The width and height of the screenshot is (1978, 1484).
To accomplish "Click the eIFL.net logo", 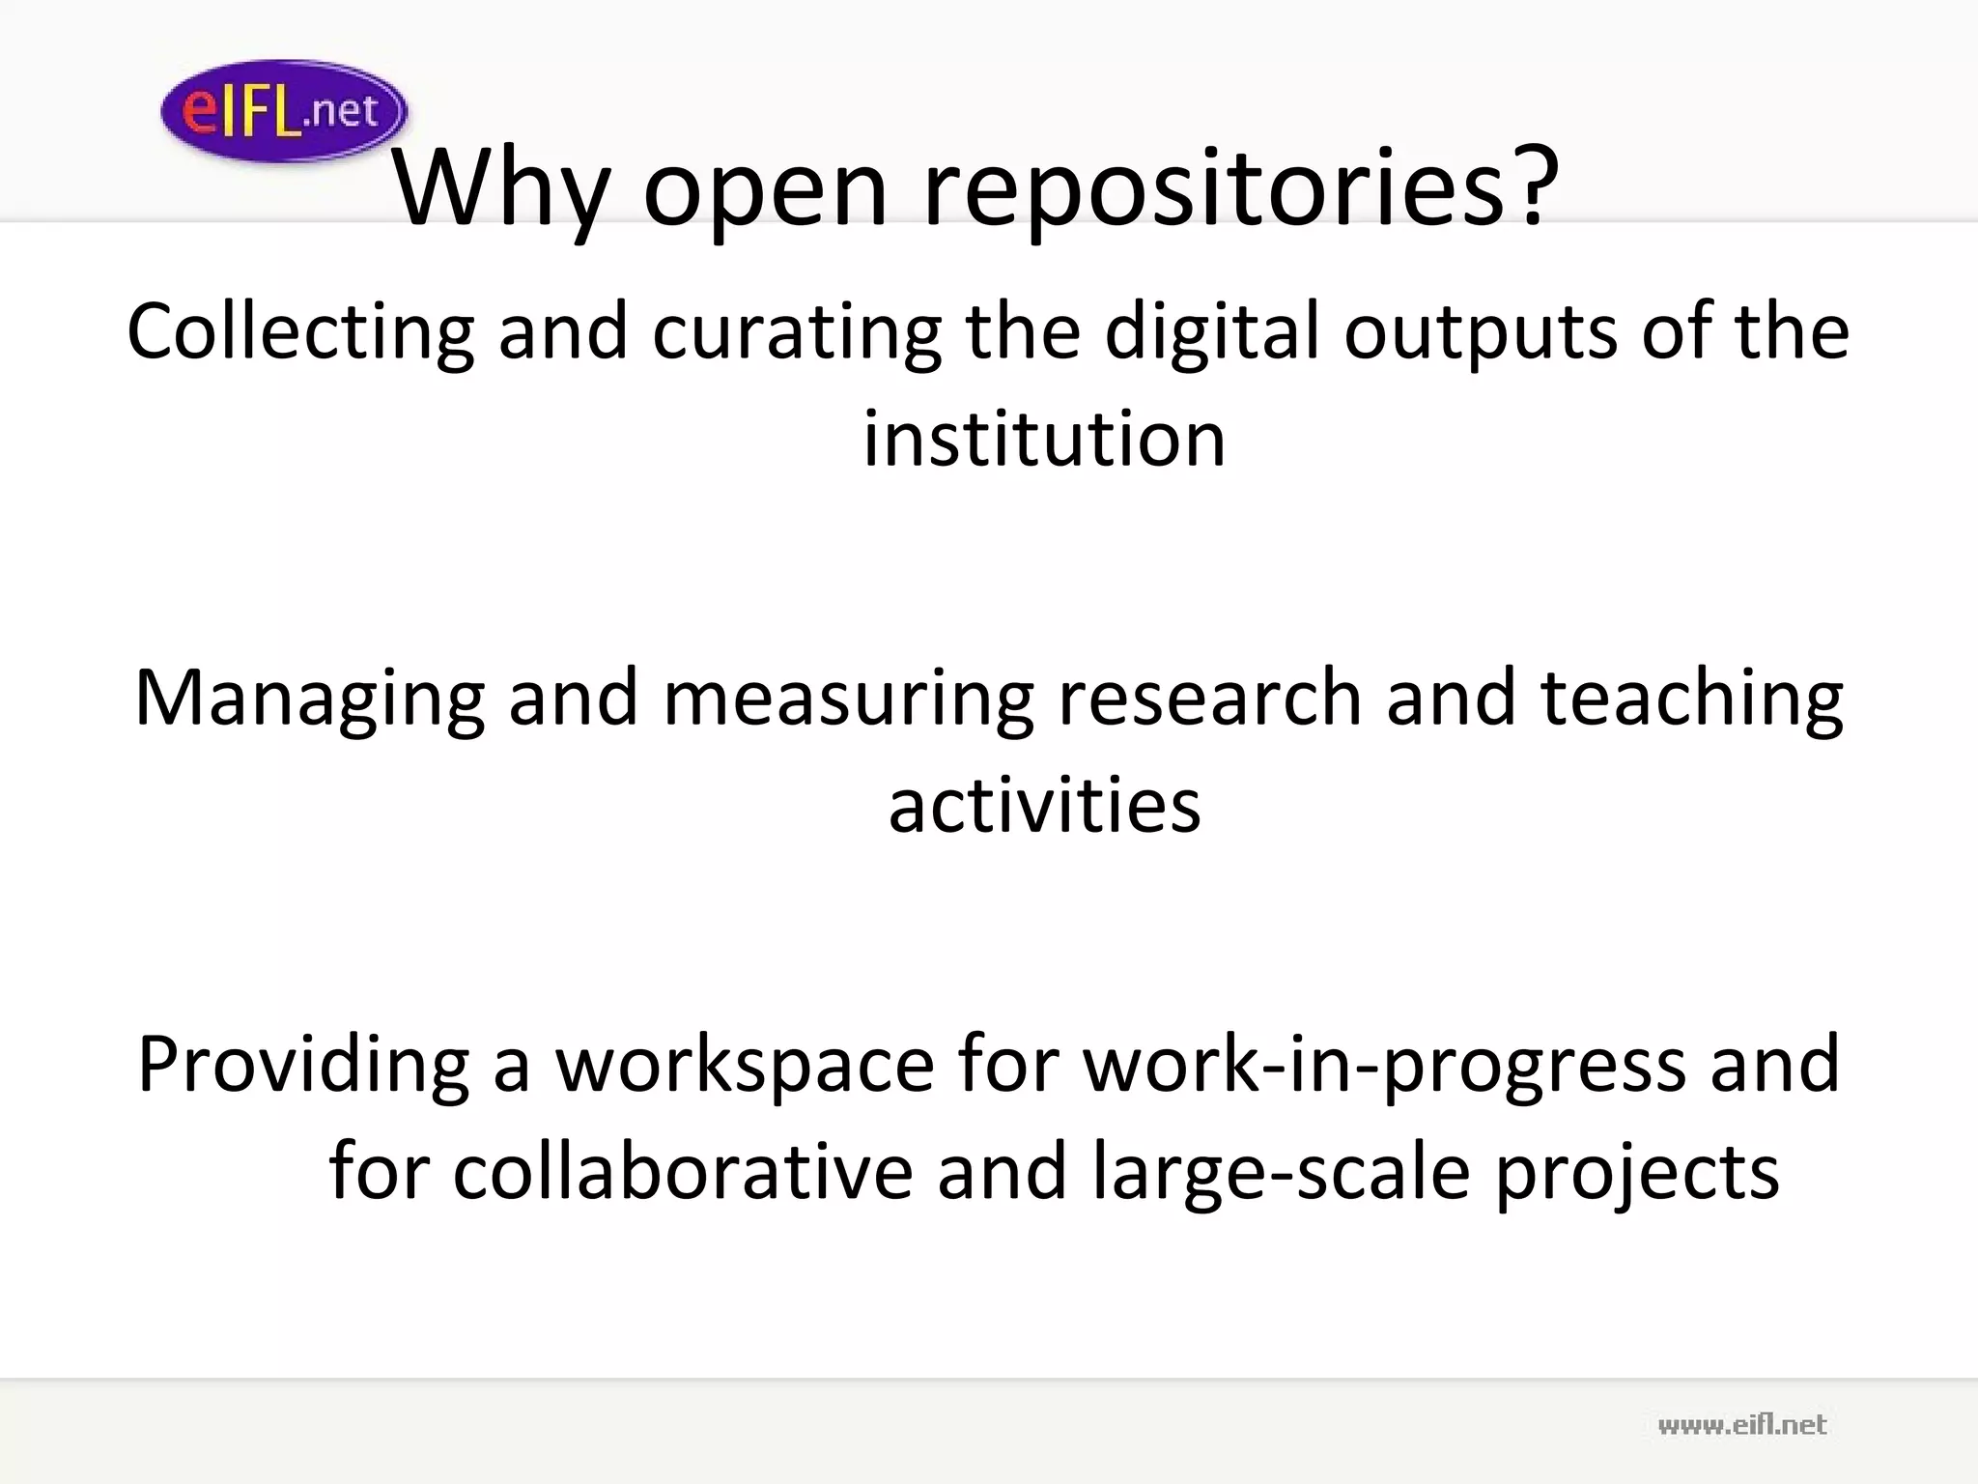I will click(283, 110).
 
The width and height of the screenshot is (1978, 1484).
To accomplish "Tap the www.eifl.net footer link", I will click(1741, 1424).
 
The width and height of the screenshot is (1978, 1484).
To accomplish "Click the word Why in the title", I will click(501, 188).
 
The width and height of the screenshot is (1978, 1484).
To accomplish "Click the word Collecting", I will click(300, 332).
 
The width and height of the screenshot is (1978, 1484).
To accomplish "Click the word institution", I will click(1044, 440).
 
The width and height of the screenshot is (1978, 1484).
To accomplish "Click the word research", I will click(1210, 698).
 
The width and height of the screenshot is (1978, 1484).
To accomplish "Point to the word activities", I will click(1044, 805).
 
